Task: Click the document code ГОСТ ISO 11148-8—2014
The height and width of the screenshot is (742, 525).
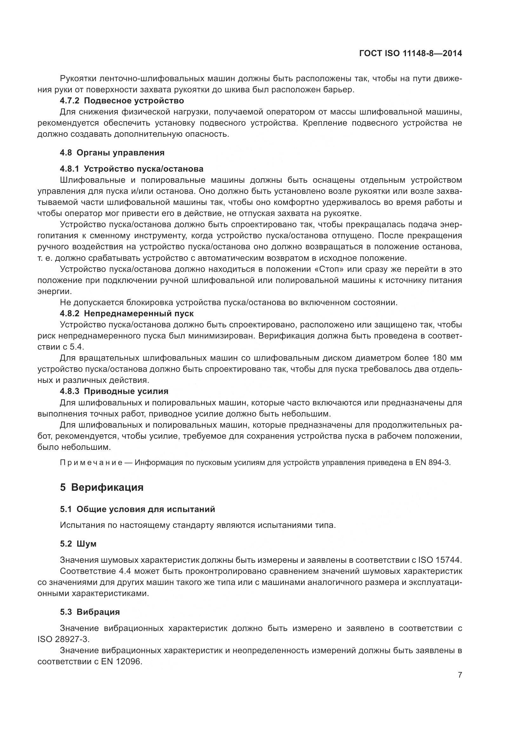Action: click(x=410, y=53)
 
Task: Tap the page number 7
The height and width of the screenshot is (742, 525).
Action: click(x=460, y=675)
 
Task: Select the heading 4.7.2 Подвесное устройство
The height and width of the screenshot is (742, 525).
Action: click(x=122, y=101)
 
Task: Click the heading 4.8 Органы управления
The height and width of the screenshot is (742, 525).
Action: click(x=112, y=153)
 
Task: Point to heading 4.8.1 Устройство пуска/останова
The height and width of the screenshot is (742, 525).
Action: click(x=132, y=169)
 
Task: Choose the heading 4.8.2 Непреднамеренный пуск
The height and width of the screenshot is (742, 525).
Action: click(x=127, y=313)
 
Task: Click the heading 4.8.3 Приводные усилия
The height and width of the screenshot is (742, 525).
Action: click(x=114, y=391)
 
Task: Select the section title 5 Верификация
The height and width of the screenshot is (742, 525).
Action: click(x=102, y=487)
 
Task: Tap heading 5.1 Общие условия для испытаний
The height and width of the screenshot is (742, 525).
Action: click(x=137, y=509)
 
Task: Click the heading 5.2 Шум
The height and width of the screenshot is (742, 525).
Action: click(x=78, y=544)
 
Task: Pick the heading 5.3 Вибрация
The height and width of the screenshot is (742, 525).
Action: click(x=90, y=612)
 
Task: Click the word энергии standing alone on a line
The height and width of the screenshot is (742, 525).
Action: click(x=54, y=291)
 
